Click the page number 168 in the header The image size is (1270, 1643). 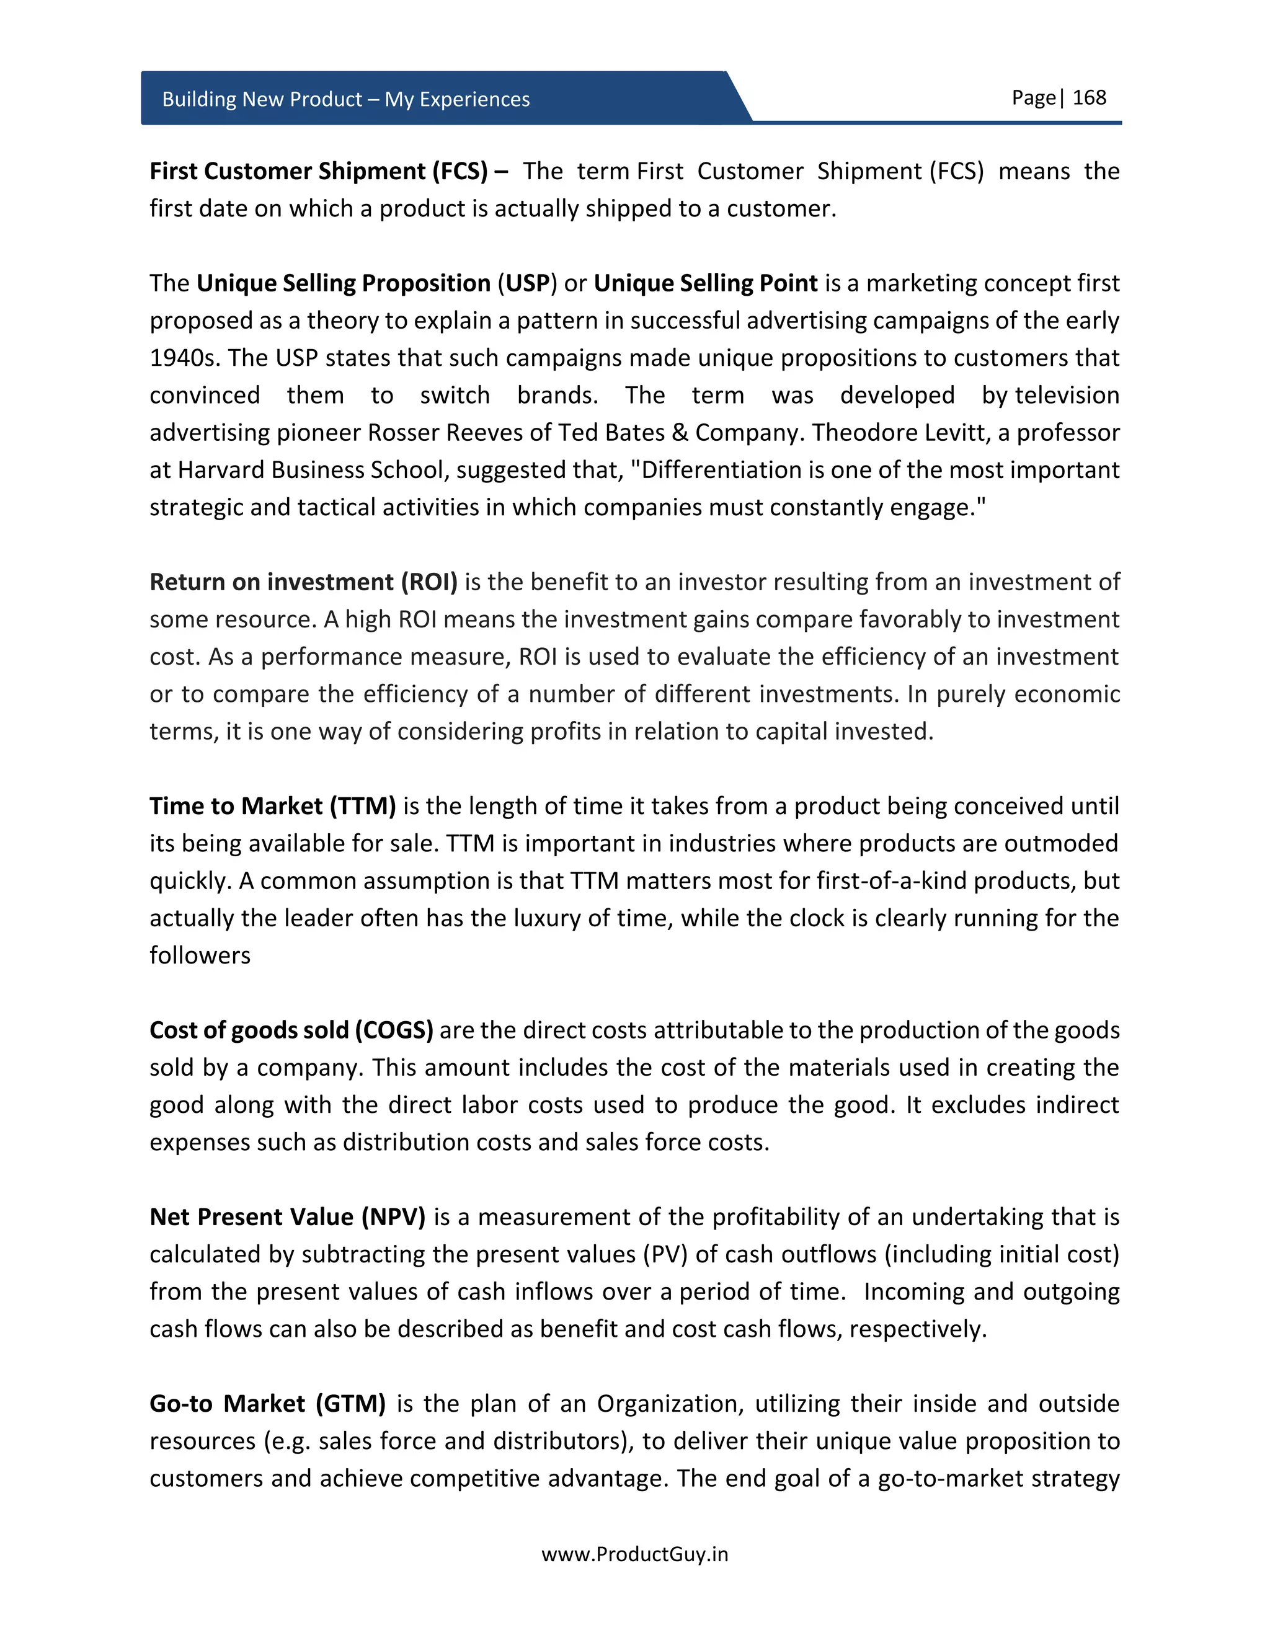coord(1089,98)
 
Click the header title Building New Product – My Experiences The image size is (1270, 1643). coord(345,99)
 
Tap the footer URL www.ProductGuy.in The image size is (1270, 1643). coord(634,1554)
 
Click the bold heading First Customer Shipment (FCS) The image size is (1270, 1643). coord(319,172)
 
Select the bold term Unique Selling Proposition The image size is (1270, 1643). coord(343,283)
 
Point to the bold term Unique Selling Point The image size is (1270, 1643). coord(705,283)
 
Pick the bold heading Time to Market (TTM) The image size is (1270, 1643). coord(272,807)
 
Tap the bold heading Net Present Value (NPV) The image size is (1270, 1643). coord(287,1217)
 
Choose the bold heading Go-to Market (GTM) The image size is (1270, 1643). coord(267,1404)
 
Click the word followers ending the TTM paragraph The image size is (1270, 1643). coord(200,955)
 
